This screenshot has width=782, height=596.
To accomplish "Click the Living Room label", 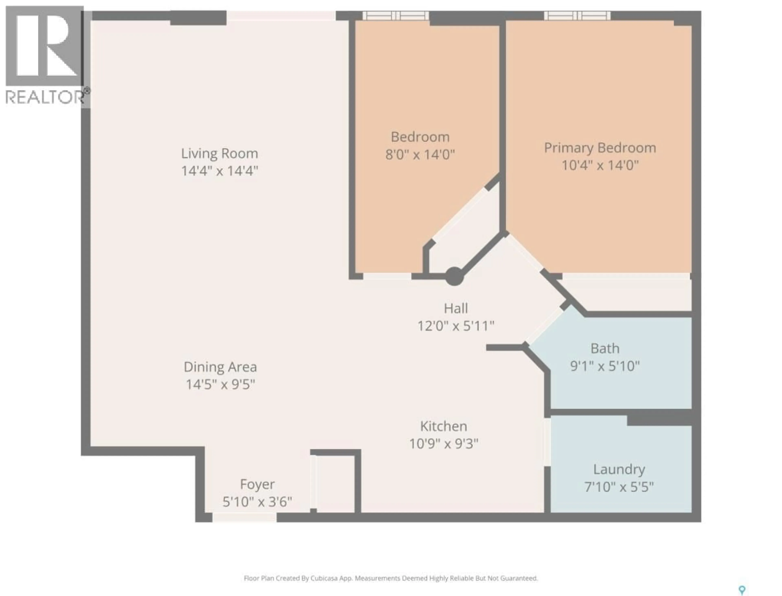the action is pyautogui.click(x=219, y=154).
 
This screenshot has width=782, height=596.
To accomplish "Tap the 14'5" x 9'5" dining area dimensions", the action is pyautogui.click(x=220, y=384).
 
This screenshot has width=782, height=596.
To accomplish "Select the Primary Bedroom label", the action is pyautogui.click(x=600, y=148).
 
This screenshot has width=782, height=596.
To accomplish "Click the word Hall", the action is pyautogui.click(x=456, y=308).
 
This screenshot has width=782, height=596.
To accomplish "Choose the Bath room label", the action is pyautogui.click(x=605, y=348).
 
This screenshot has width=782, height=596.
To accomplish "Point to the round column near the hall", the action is pyautogui.click(x=454, y=276).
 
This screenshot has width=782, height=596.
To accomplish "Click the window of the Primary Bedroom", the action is pyautogui.click(x=578, y=16).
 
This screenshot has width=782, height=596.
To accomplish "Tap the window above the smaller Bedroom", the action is pyautogui.click(x=395, y=16).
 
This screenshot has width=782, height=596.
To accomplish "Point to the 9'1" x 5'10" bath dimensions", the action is pyautogui.click(x=605, y=366).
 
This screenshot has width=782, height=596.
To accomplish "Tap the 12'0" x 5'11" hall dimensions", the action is pyautogui.click(x=456, y=326).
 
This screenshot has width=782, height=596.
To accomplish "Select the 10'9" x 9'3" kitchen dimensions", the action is pyautogui.click(x=444, y=444).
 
